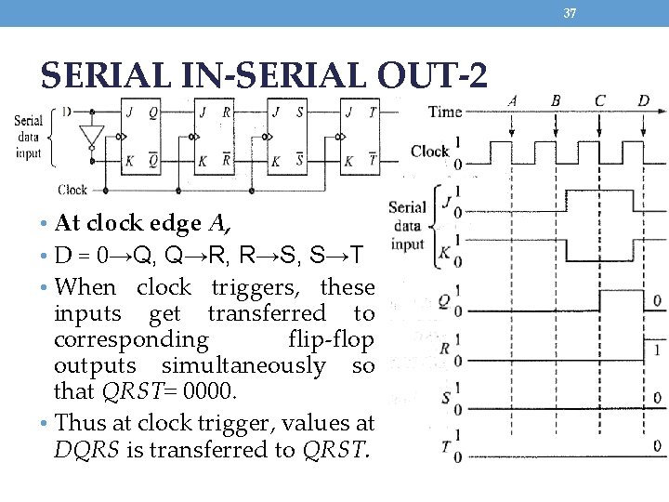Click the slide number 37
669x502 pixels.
coord(571,12)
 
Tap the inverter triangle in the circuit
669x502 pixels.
coord(90,137)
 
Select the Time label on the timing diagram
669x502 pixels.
coord(444,112)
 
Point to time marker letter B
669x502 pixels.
coord(556,100)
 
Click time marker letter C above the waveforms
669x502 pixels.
coord(599,100)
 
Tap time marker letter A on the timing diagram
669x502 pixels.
coord(513,100)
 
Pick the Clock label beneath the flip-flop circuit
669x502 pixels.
coord(72,190)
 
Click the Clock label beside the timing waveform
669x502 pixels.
coord(429,151)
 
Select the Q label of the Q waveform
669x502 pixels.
coord(443,300)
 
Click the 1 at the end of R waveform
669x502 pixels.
coord(657,350)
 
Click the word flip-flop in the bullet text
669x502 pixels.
coord(331,339)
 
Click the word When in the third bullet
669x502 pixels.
coord(85,287)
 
